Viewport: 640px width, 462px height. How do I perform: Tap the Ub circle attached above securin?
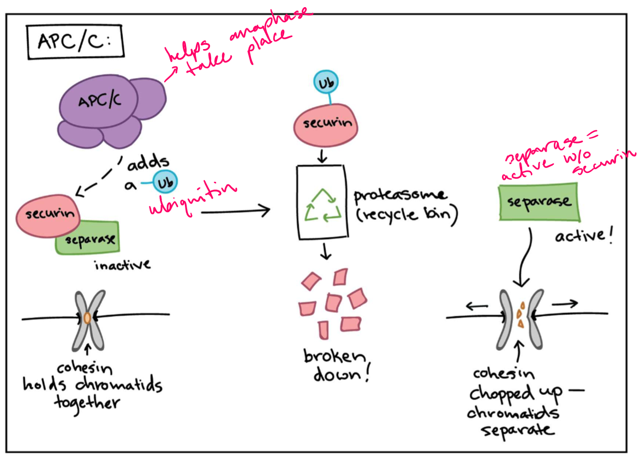pyautogui.click(x=326, y=83)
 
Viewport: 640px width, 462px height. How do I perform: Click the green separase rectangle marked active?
pyautogui.click(x=536, y=202)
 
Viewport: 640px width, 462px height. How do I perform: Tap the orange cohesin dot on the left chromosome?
pyautogui.click(x=87, y=317)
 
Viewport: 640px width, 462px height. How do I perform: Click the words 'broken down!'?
pyautogui.click(x=334, y=366)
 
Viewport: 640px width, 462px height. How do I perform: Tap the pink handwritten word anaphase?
pyautogui.click(x=270, y=28)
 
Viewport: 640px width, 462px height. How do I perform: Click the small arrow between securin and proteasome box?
pyautogui.click(x=322, y=154)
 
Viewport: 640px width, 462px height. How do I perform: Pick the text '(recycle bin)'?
pyautogui.click(x=406, y=214)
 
